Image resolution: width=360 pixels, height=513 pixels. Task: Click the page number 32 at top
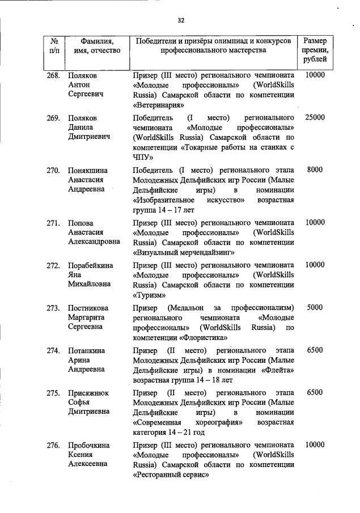(x=181, y=20)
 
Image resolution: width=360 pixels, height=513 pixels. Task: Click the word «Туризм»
(x=150, y=295)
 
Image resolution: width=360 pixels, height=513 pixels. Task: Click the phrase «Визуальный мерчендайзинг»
(x=184, y=252)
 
